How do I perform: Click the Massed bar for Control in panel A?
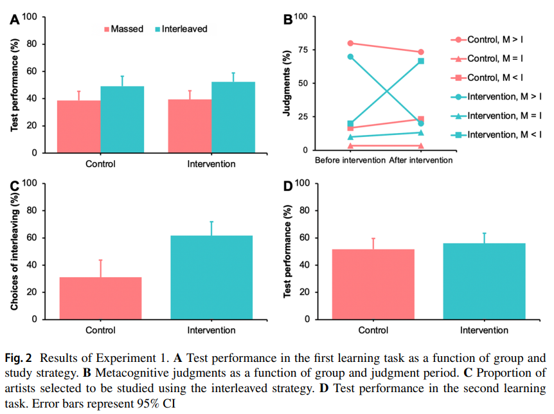pyautogui.click(x=78, y=127)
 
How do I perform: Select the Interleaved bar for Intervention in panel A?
pyautogui.click(x=233, y=118)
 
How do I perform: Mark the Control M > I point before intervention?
pyautogui.click(x=350, y=43)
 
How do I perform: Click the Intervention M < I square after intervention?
pyautogui.click(x=420, y=61)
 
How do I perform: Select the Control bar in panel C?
pyautogui.click(x=100, y=298)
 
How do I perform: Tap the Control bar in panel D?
pyautogui.click(x=373, y=284)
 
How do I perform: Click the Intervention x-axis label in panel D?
pyautogui.click(x=484, y=330)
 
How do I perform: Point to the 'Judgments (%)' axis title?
pyautogui.click(x=287, y=83)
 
